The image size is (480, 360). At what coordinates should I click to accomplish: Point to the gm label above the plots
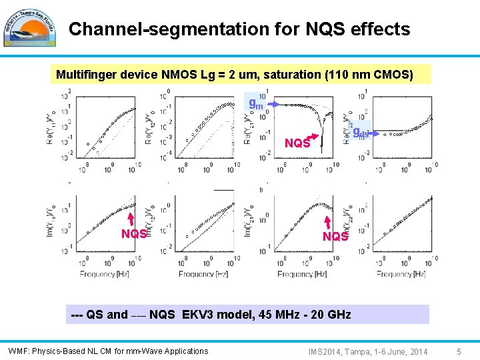255,103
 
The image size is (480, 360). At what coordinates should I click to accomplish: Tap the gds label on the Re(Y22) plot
361,132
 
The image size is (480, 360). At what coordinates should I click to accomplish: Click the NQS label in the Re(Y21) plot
297,143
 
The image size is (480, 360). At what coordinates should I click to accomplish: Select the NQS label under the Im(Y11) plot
134,234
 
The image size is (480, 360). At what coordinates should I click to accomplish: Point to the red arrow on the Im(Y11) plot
131,217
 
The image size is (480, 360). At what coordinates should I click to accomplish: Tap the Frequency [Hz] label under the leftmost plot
103,274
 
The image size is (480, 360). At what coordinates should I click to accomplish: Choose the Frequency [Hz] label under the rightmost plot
401,274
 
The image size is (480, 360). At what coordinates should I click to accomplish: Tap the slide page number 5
459,351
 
